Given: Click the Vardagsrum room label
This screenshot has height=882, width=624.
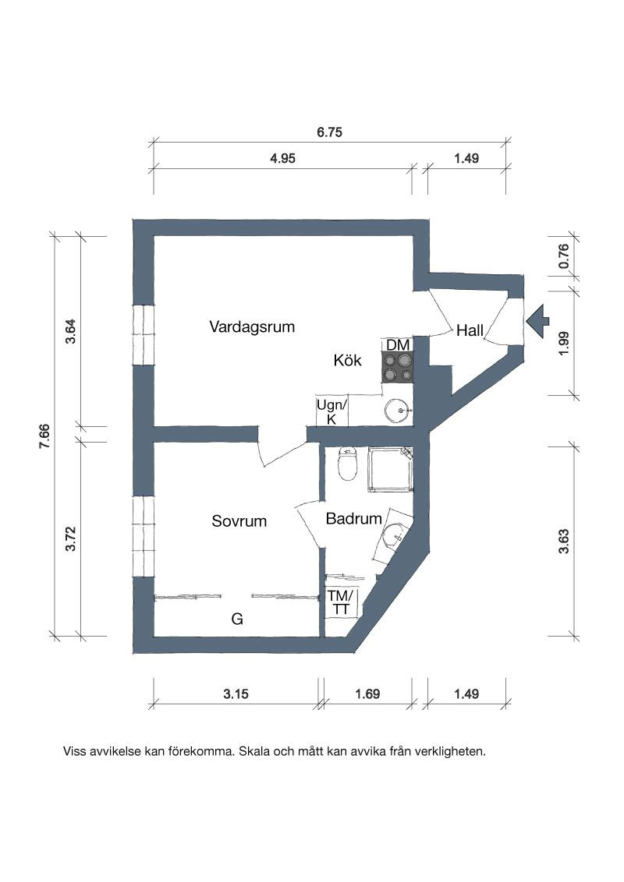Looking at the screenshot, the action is pyautogui.click(x=252, y=326).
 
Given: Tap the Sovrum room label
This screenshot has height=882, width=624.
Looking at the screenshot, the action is pyautogui.click(x=239, y=521).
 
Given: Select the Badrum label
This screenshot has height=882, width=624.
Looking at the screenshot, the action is pyautogui.click(x=353, y=518).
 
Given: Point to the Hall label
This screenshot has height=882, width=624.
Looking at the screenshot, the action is pyautogui.click(x=470, y=330).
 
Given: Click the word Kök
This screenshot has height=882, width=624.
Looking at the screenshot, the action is pyautogui.click(x=347, y=360).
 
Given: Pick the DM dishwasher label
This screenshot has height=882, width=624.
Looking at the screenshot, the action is pyautogui.click(x=398, y=345).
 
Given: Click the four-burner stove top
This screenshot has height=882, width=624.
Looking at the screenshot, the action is pyautogui.click(x=398, y=367).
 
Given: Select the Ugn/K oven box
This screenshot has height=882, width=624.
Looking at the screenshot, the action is pyautogui.click(x=331, y=411).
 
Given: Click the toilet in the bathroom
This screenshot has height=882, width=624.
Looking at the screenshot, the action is pyautogui.click(x=347, y=464).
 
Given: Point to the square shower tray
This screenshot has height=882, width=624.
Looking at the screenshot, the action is pyautogui.click(x=390, y=470).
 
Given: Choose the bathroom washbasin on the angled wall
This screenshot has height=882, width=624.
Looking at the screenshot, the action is pyautogui.click(x=393, y=536).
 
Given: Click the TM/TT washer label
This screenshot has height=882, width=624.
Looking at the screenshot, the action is pyautogui.click(x=341, y=602).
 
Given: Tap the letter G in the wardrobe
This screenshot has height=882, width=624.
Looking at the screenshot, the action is pyautogui.click(x=237, y=619).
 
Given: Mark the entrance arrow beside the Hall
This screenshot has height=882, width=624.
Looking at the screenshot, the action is pyautogui.click(x=537, y=321).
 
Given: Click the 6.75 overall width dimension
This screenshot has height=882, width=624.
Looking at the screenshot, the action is pyautogui.click(x=329, y=132).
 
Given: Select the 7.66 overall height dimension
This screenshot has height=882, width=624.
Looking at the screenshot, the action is pyautogui.click(x=44, y=436).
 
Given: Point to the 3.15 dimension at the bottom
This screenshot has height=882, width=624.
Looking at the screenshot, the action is pyautogui.click(x=236, y=693).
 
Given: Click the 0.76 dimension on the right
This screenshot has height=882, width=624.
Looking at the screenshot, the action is pyautogui.click(x=563, y=256).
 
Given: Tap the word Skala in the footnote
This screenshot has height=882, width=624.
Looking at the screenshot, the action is pyautogui.click(x=254, y=751).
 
